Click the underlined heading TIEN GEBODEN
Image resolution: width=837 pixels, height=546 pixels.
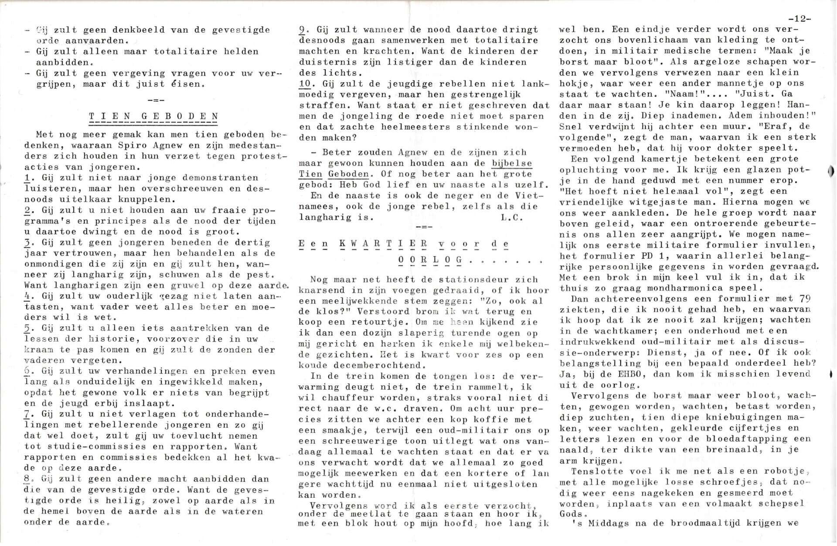pos(153,116)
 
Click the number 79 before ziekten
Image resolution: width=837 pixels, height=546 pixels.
pos(805,298)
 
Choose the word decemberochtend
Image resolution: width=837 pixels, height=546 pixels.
pos(378,365)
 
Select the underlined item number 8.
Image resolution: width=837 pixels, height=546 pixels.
pos(27,479)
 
